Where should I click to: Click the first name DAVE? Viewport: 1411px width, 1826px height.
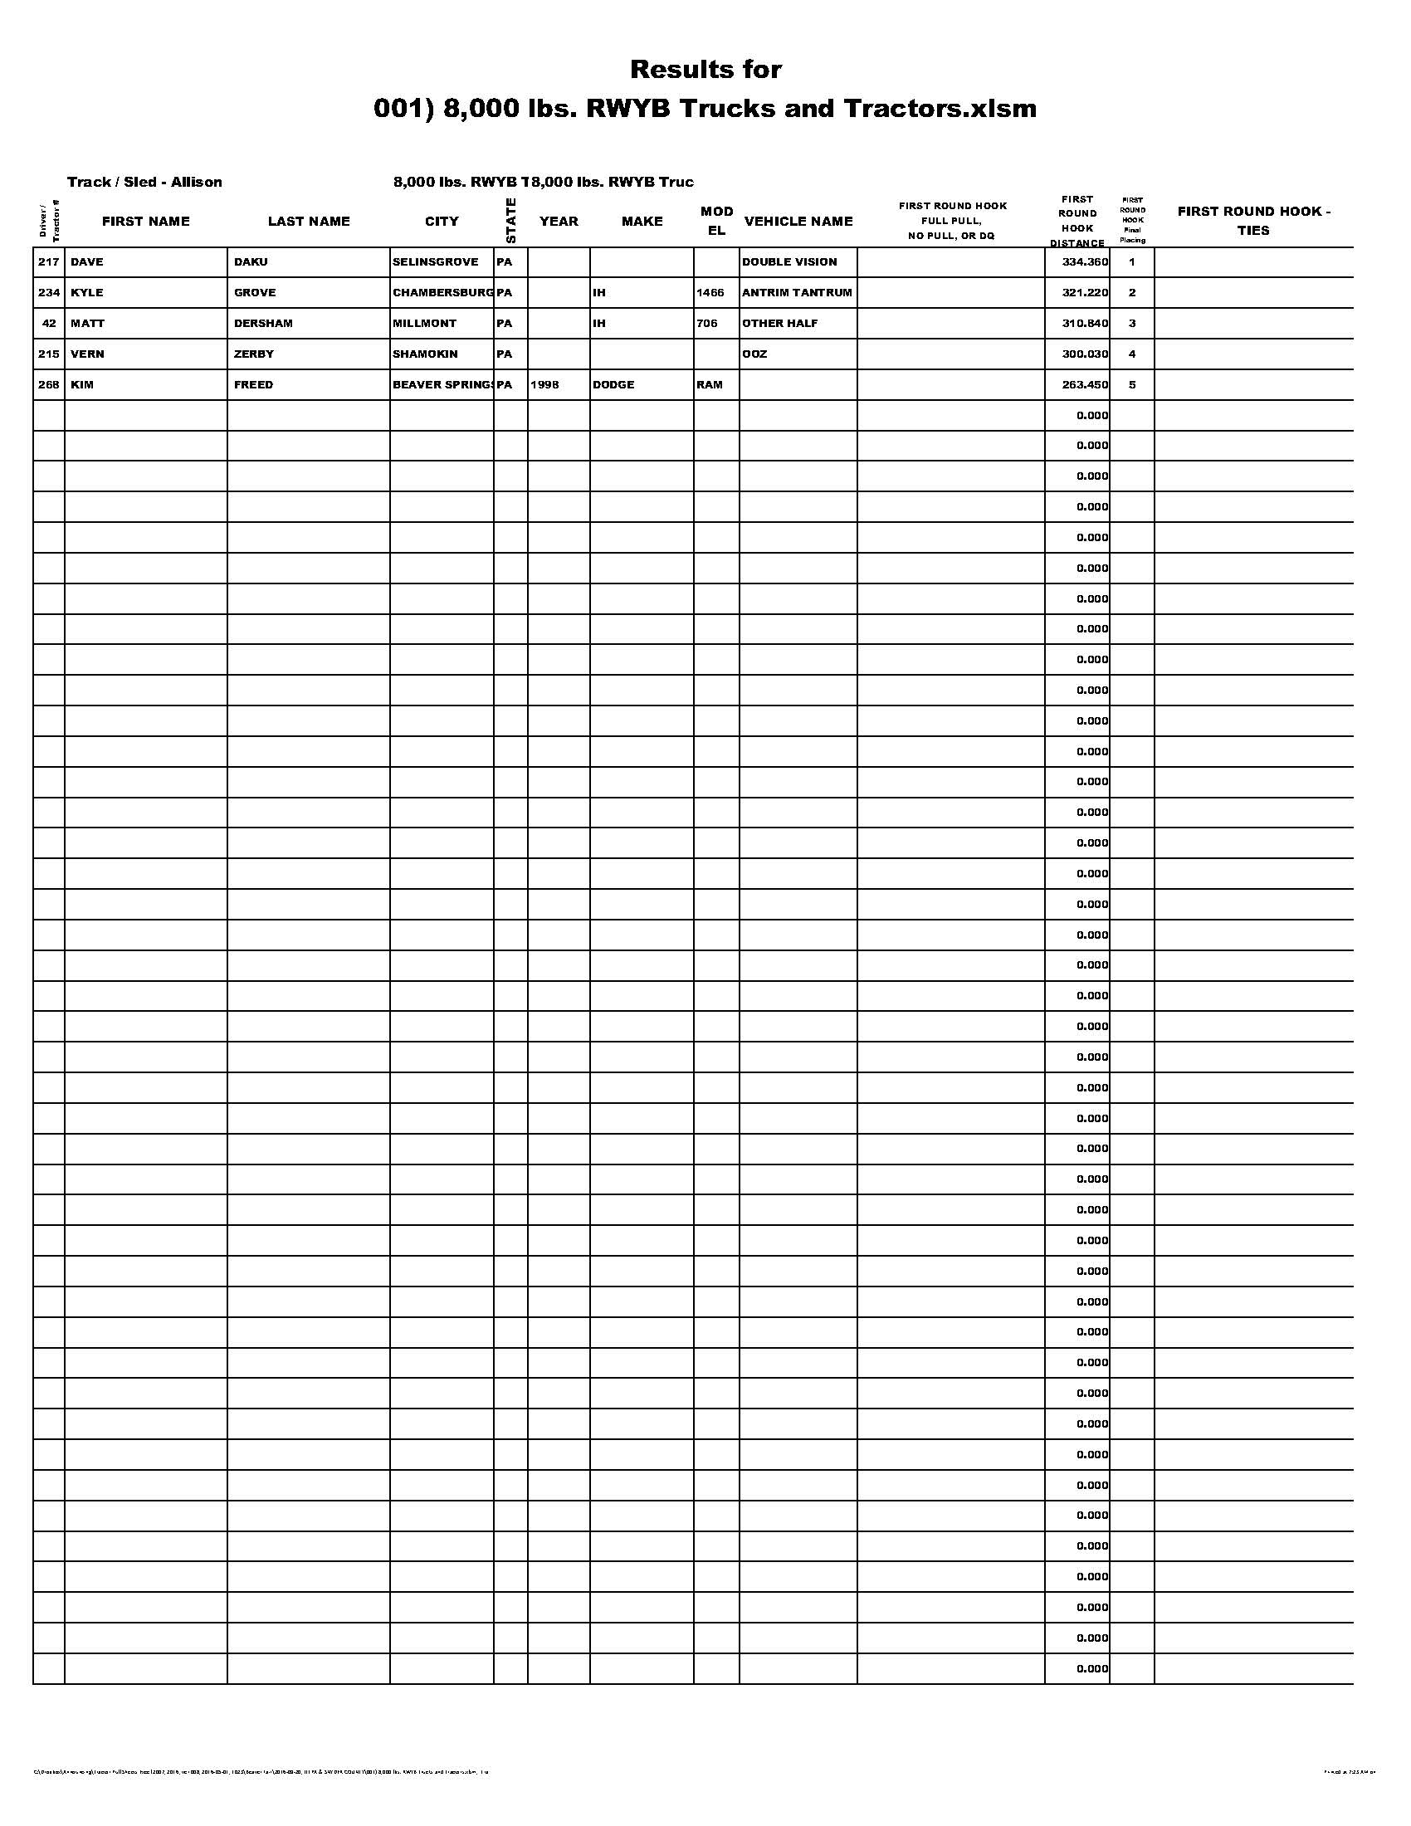tap(87, 261)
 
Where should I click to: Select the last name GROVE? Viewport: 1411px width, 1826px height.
tap(254, 293)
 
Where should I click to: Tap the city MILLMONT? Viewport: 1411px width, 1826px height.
tap(425, 324)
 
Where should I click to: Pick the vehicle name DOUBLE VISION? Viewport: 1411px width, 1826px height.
tap(789, 261)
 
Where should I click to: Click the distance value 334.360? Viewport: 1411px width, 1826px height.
tap(1084, 261)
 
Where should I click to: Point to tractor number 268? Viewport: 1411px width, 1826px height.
tap(48, 384)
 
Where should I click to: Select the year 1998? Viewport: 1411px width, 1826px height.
tap(544, 384)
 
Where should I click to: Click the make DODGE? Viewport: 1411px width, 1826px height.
tap(613, 384)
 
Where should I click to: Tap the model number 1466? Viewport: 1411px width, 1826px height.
tap(710, 293)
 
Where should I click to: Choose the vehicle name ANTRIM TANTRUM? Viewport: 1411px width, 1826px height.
tap(797, 293)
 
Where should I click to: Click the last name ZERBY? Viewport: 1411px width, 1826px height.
tap(253, 354)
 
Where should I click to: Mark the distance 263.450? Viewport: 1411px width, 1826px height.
tap(1084, 384)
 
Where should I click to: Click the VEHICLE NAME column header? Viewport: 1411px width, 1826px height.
tap(798, 222)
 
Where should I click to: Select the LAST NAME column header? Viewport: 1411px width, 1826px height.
tap(309, 222)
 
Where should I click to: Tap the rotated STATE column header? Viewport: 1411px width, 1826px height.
tap(510, 221)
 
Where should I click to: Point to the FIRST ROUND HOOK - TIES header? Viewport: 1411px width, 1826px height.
tap(1253, 221)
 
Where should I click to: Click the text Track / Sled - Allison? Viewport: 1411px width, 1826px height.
tap(144, 183)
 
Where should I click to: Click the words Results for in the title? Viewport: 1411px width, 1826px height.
tap(705, 70)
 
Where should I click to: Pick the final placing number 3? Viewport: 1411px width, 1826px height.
tap(1132, 324)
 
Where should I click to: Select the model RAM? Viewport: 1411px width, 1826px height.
tap(709, 384)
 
